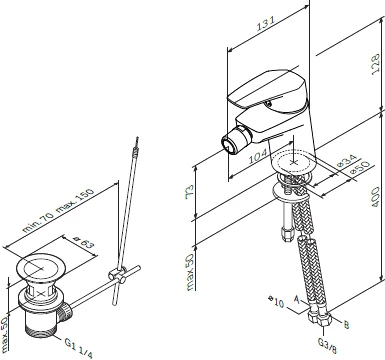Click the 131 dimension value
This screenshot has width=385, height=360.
point(266,24)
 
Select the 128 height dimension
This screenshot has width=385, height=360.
point(376,64)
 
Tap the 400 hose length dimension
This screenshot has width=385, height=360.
point(376,197)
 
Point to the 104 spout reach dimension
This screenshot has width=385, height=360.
point(259,156)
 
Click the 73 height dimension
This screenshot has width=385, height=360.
point(189,191)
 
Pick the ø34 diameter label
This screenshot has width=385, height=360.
point(347,161)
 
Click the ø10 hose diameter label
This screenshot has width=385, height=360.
point(276,302)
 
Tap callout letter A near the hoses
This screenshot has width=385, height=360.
point(297,299)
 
